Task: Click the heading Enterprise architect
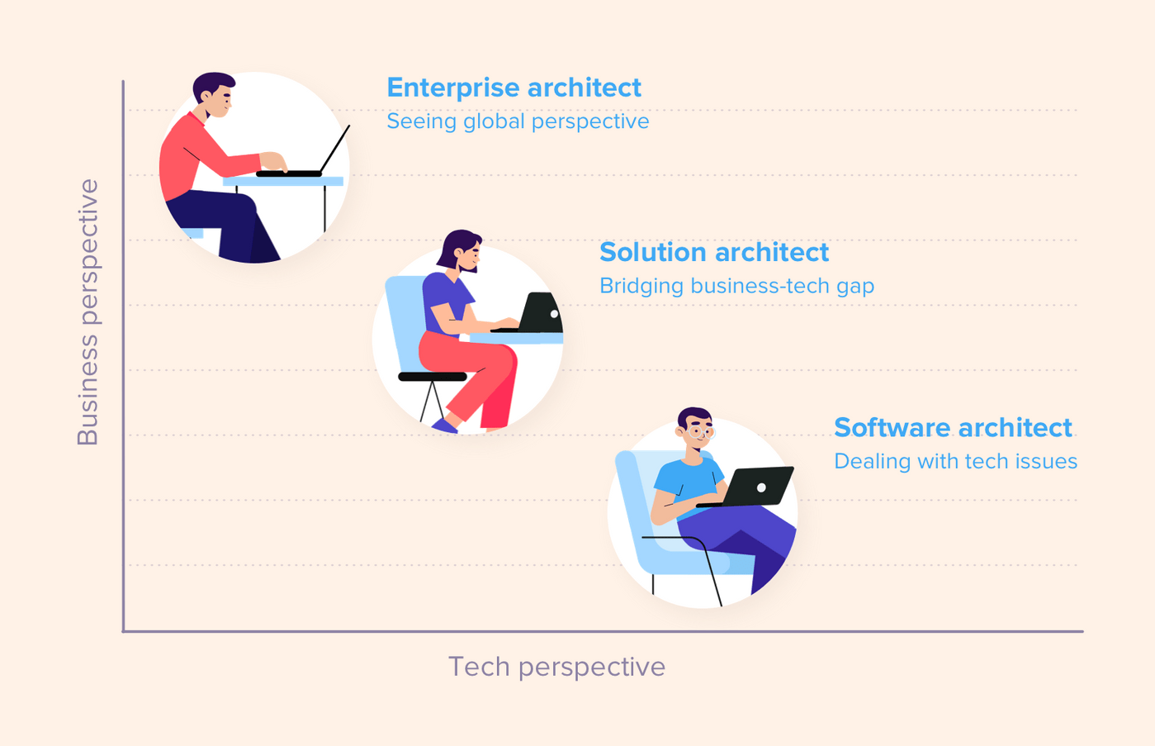click(x=514, y=88)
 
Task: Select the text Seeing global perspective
click(x=518, y=121)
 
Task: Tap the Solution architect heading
click(x=714, y=252)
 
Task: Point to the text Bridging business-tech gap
click(x=736, y=286)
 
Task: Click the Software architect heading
click(x=953, y=428)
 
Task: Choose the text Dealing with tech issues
click(x=955, y=461)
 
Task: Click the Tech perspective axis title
click(x=556, y=667)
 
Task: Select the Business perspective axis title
click(x=88, y=312)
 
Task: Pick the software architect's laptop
click(x=755, y=487)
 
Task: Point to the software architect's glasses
click(x=701, y=431)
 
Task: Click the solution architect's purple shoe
click(x=444, y=425)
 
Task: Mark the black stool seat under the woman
click(x=432, y=377)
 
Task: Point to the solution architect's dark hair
click(x=455, y=245)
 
